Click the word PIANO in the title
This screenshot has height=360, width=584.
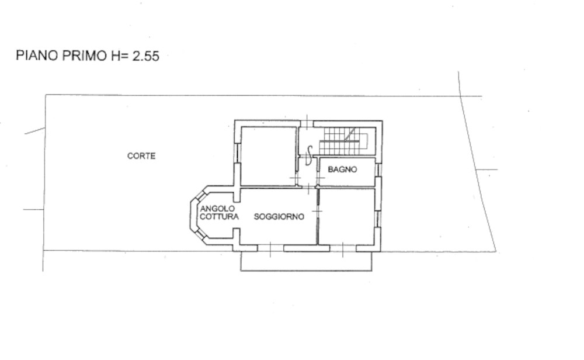tap(37, 56)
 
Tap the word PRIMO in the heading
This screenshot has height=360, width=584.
tap(84, 56)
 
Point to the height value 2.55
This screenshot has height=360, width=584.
tap(146, 56)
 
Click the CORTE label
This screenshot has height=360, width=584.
tap(141, 156)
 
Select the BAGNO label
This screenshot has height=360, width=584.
tap(342, 169)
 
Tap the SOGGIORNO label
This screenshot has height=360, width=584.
tap(279, 216)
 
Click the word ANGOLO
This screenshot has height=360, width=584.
tap(217, 209)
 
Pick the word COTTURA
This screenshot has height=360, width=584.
tap(219, 216)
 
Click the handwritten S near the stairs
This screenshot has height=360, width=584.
tap(309, 155)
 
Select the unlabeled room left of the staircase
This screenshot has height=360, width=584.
tap(269, 156)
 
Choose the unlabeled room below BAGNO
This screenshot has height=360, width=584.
tap(347, 216)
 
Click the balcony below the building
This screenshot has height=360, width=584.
tap(306, 261)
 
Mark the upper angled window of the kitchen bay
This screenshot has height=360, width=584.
tap(200, 196)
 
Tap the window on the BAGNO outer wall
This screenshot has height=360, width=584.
tap(378, 169)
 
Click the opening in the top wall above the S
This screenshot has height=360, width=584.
tap(307, 123)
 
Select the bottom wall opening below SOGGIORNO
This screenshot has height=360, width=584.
tap(270, 248)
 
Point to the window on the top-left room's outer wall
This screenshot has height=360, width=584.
tap(237, 153)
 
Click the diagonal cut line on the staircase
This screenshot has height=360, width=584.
tap(349, 134)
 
